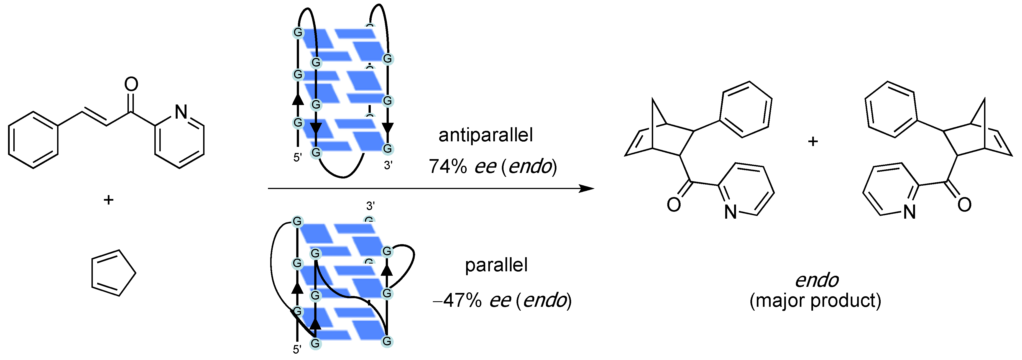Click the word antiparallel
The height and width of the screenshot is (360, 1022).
pyautogui.click(x=485, y=135)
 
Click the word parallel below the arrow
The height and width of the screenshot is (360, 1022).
pyautogui.click(x=496, y=265)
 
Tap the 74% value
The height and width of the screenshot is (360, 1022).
pyautogui.click(x=448, y=166)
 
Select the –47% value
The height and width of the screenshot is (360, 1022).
pyautogui.click(x=457, y=300)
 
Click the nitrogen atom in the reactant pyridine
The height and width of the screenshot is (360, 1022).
pyautogui.click(x=181, y=112)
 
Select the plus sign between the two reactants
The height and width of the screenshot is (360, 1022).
pyautogui.click(x=108, y=200)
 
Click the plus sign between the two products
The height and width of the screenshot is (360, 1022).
pyautogui.click(x=813, y=142)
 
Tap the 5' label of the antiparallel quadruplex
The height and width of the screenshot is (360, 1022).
pyautogui.click(x=298, y=158)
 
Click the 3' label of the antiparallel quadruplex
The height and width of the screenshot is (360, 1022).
pyautogui.click(x=388, y=165)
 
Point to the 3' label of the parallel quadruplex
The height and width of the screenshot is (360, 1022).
pyautogui.click(x=370, y=206)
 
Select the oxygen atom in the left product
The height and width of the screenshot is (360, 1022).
pyautogui.click(x=674, y=205)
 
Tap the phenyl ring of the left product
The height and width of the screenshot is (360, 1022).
pyautogui.click(x=745, y=110)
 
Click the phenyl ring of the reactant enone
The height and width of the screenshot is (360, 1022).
pyautogui.click(x=33, y=140)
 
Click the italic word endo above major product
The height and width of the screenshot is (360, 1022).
pyautogui.click(x=816, y=281)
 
